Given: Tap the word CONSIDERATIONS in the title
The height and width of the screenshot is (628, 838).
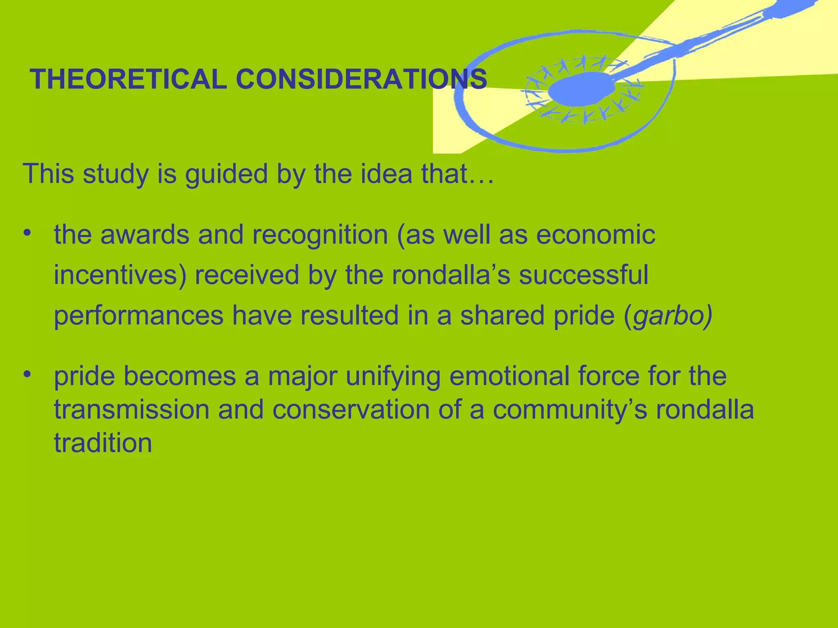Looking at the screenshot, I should pyautogui.click(x=361, y=79).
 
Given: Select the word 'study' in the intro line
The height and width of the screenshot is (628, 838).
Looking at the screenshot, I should pyautogui.click(x=116, y=174).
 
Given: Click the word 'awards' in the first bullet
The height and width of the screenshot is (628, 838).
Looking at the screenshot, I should pyautogui.click(x=145, y=235).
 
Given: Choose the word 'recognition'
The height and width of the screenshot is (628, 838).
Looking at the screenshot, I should pyautogui.click(x=320, y=235).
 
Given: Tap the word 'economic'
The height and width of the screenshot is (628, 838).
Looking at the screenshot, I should pyautogui.click(x=595, y=235).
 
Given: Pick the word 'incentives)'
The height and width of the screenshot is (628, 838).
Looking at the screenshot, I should pyautogui.click(x=120, y=275).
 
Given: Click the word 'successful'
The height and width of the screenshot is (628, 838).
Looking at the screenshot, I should pyautogui.click(x=584, y=275).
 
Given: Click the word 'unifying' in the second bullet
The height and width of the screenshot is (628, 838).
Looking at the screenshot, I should pyautogui.click(x=393, y=377).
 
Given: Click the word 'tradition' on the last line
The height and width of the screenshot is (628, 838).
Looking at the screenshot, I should pyautogui.click(x=103, y=443).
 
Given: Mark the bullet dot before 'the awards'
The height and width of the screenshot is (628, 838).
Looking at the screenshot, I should pyautogui.click(x=27, y=233).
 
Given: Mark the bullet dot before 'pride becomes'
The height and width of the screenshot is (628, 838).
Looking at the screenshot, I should pyautogui.click(x=27, y=374).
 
